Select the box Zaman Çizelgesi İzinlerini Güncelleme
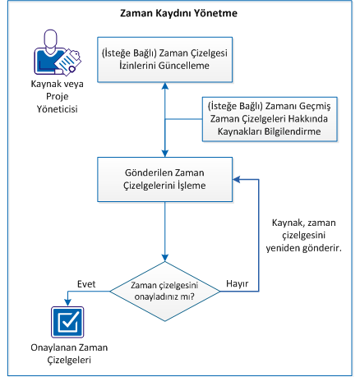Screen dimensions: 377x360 click(x=165, y=59)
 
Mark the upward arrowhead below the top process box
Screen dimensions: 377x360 click(x=165, y=87)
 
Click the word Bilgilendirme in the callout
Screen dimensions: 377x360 click(x=292, y=131)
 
